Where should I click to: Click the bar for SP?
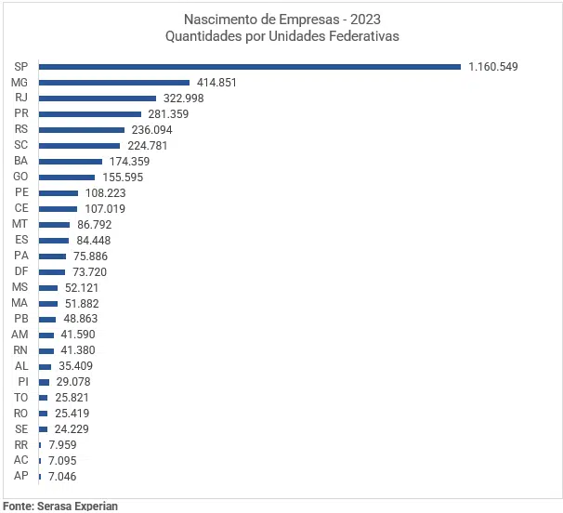point(249,66)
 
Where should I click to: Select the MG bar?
point(113,82)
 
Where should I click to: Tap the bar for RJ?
point(97,98)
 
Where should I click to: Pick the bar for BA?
point(70,161)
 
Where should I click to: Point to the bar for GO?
point(66,177)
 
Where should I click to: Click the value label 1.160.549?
point(492,66)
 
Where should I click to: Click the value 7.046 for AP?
point(62,476)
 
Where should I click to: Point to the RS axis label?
point(21,129)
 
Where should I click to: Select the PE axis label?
point(21,192)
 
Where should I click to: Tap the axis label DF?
point(21,271)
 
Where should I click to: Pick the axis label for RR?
point(21,444)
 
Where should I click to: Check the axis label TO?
point(21,397)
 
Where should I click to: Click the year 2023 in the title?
point(361,20)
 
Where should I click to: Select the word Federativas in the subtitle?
point(362,36)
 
